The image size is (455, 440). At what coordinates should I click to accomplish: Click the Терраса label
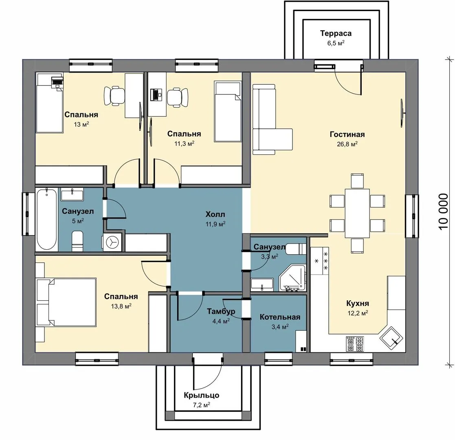coord(336,33)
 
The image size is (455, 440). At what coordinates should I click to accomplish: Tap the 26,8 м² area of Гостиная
coord(347,144)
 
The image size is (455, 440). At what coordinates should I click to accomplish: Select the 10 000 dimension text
coord(443,211)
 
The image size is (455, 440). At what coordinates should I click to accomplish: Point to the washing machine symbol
coord(112,242)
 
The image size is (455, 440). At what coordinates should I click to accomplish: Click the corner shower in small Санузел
coord(292,278)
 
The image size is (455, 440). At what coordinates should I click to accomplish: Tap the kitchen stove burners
coord(355,344)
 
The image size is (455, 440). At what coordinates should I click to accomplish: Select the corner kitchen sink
coord(391,338)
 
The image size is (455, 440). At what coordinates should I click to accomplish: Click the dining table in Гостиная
coord(357,213)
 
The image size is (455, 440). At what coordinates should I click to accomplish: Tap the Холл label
coord(215,214)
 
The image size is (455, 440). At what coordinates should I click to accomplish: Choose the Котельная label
coord(280,317)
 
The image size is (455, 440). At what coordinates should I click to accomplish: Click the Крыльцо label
coord(201,395)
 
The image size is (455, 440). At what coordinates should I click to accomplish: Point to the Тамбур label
coord(221,311)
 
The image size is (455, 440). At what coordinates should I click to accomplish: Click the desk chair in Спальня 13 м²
coord(114,95)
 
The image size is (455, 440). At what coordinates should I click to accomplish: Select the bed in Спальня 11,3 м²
coord(228,112)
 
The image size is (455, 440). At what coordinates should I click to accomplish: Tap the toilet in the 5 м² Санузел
coord(77,241)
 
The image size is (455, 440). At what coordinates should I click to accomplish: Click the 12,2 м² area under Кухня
coord(358,313)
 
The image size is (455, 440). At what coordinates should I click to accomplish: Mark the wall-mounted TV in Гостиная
coord(402,112)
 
